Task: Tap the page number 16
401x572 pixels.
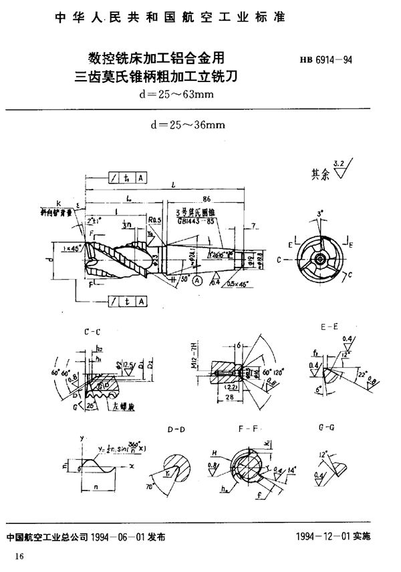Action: click(19, 557)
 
